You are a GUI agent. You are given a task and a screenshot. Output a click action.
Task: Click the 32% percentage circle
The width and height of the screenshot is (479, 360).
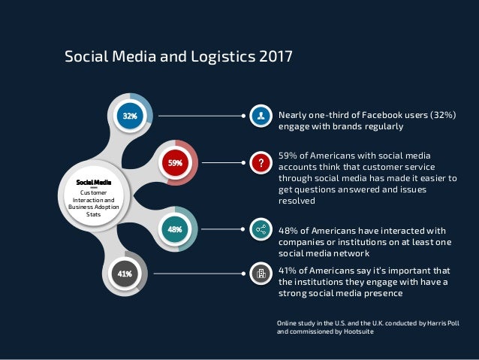(130, 116)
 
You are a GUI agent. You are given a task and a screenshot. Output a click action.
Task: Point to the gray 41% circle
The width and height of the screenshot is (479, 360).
(124, 274)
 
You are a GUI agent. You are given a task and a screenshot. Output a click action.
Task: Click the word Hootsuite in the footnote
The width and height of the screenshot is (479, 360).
(354, 331)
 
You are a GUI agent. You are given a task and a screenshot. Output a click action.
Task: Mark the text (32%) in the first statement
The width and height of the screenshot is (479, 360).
(443, 115)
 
